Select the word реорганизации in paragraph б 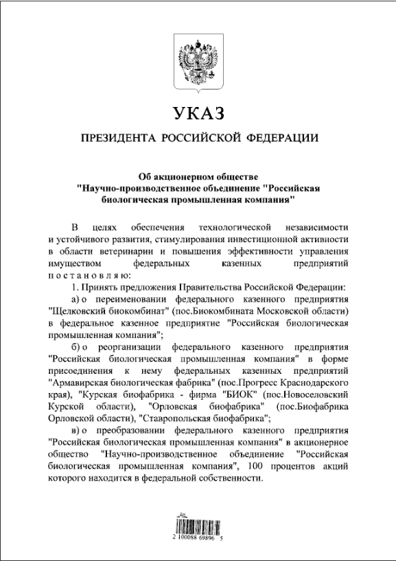pyautogui.click(x=127, y=346)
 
